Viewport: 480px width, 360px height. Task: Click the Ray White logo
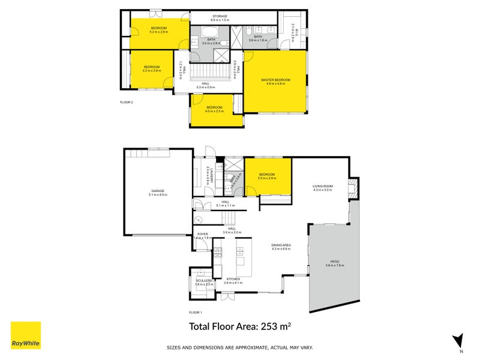(x=26, y=335)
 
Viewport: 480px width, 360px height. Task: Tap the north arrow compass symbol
(x=458, y=341)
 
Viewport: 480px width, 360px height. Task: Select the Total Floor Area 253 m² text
(x=240, y=326)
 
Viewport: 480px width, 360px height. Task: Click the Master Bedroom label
(x=275, y=81)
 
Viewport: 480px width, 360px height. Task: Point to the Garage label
(x=158, y=191)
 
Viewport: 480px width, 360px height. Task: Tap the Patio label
(x=335, y=262)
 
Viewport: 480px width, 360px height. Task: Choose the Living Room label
(x=322, y=186)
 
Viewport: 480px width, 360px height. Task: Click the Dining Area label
(x=281, y=245)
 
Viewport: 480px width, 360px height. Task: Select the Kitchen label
(x=233, y=279)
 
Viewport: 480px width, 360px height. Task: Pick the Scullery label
(x=205, y=280)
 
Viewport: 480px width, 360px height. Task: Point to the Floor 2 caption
(x=127, y=103)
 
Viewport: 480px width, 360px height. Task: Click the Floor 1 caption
(x=196, y=313)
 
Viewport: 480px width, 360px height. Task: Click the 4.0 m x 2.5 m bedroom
(x=214, y=110)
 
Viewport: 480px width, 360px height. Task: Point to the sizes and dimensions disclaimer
(x=239, y=347)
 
